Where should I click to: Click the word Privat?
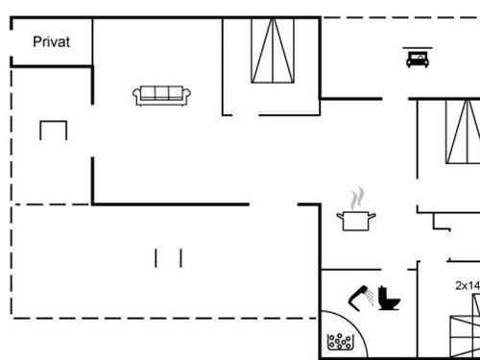pyautogui.click(x=51, y=41)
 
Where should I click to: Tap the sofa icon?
pyautogui.click(x=162, y=94)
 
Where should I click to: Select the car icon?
pyautogui.click(x=418, y=59)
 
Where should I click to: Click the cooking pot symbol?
pyautogui.click(x=358, y=222)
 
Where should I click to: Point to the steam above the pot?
pyautogui.click(x=358, y=199)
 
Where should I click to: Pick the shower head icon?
pyautogui.click(x=359, y=295)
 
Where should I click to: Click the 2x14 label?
pyautogui.click(x=467, y=285)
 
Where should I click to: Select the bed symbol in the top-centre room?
pyautogui.click(x=272, y=51)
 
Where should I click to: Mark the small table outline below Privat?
pyautogui.click(x=54, y=129)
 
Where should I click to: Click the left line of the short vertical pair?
pyautogui.click(x=156, y=257)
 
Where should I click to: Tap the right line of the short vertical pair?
pyautogui.click(x=180, y=257)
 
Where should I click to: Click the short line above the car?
pyautogui.click(x=418, y=45)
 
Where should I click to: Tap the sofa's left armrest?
pyautogui.click(x=137, y=95)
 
